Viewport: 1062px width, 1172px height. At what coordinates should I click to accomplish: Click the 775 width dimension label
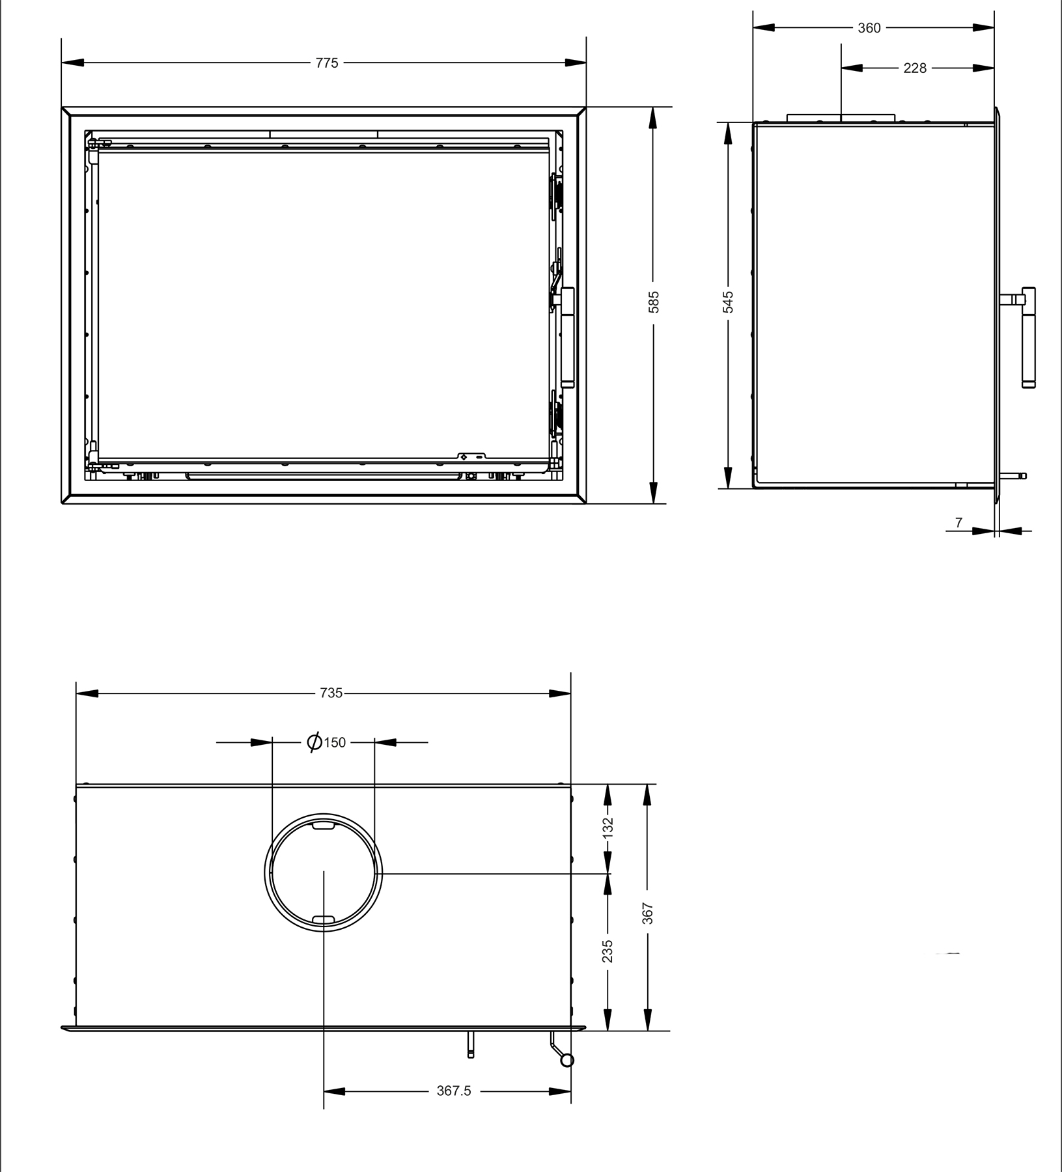327,63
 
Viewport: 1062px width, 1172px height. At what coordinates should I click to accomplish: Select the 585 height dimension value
654,302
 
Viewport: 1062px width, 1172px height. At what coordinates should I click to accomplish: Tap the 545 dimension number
728,302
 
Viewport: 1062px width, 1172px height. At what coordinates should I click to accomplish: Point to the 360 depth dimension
869,28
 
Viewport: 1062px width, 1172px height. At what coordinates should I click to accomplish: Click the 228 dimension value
915,68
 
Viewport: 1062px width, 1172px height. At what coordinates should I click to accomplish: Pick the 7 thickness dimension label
958,522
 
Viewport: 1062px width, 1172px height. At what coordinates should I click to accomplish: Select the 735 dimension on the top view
331,693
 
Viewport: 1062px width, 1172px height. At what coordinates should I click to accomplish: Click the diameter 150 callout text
326,742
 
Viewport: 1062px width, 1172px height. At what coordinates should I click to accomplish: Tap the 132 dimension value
608,827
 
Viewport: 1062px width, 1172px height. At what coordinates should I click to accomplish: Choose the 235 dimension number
608,951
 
